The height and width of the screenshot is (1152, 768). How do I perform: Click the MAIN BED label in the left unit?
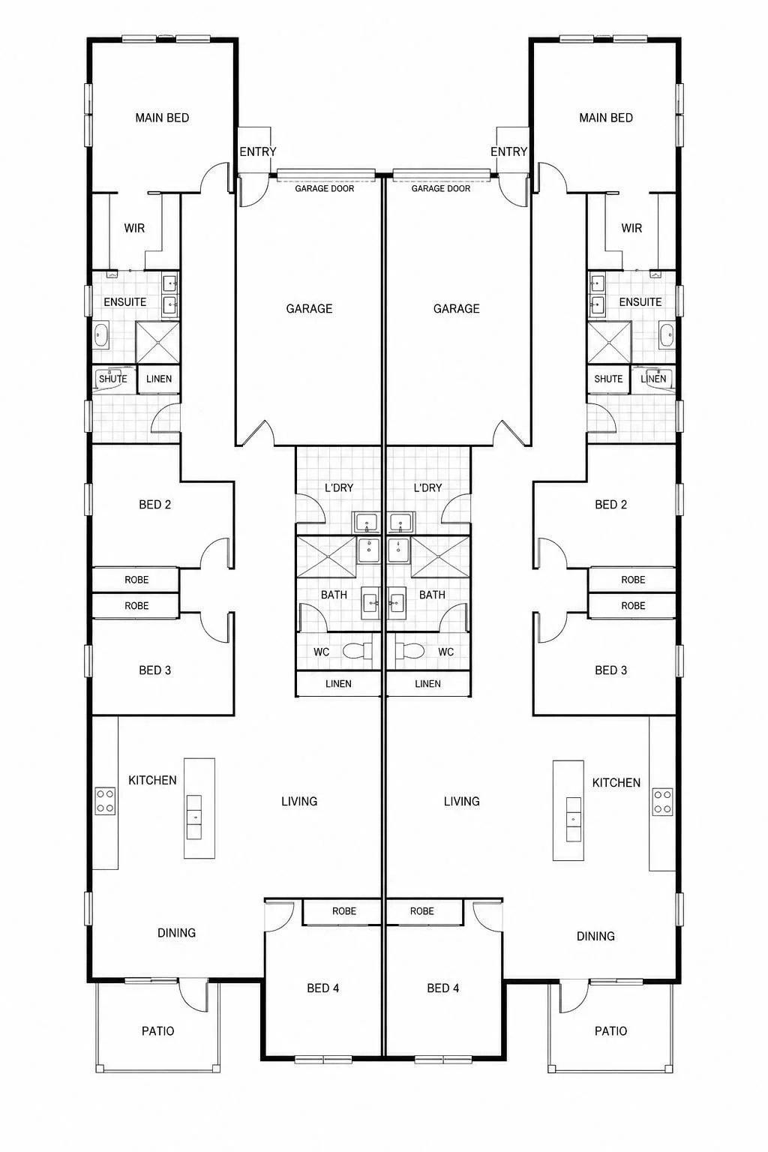[162, 118]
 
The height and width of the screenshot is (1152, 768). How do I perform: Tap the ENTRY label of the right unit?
[508, 151]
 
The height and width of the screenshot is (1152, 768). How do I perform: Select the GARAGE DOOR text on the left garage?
[325, 189]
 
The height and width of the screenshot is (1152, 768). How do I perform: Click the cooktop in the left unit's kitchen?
[105, 801]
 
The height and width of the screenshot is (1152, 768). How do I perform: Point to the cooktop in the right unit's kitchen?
[662, 802]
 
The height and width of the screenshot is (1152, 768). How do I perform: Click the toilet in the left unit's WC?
[358, 651]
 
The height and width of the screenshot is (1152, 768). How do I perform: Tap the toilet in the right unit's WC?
[409, 651]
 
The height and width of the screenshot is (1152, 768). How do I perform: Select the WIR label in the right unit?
[631, 228]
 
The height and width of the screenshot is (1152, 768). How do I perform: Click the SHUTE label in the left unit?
[113, 379]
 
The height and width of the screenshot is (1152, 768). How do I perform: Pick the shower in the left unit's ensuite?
[157, 343]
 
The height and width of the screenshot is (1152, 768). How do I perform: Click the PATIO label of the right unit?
[610, 1030]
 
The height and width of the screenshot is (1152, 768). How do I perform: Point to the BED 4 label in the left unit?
[323, 988]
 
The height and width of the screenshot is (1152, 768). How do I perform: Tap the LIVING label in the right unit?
[462, 801]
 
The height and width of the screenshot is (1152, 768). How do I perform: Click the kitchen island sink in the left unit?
[194, 817]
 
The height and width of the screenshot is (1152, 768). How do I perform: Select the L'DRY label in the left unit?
[339, 487]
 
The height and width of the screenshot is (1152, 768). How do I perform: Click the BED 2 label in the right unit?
[611, 505]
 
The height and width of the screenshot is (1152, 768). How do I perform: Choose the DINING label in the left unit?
[176, 933]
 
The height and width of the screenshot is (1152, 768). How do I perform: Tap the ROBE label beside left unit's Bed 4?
[344, 911]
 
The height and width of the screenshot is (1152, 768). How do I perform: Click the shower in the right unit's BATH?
[440, 556]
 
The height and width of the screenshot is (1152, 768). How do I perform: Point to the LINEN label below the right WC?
[428, 683]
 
